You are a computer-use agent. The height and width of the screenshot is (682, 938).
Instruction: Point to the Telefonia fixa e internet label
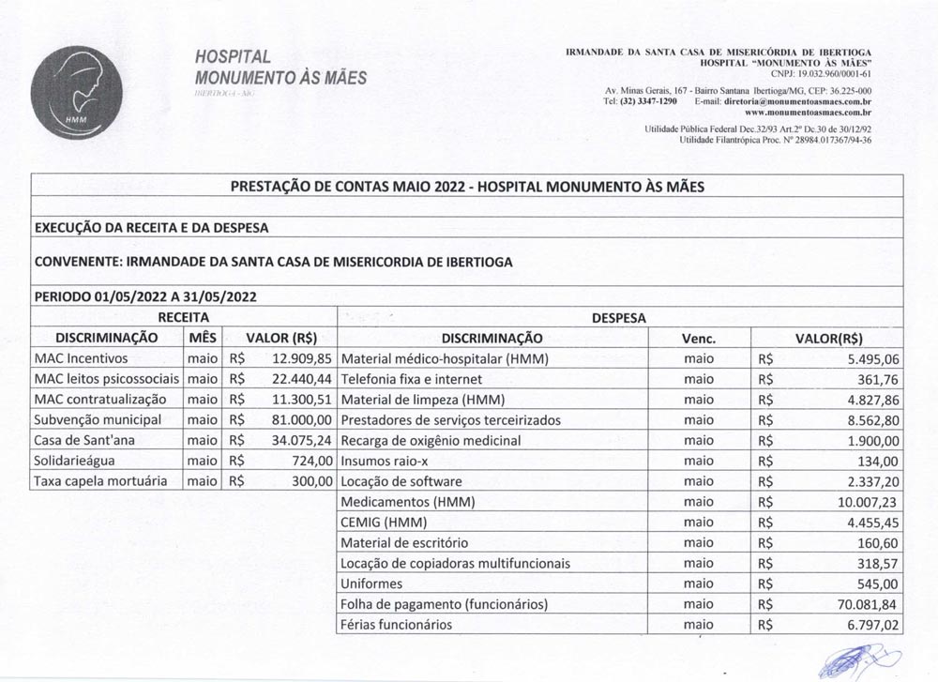tap(411, 379)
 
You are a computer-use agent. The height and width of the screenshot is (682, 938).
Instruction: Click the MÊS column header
tap(203, 338)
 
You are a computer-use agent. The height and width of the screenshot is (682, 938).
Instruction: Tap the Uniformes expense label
tap(371, 583)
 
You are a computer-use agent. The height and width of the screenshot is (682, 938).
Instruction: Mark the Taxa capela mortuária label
tap(100, 481)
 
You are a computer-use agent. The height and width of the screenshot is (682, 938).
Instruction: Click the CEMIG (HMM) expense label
tap(384, 522)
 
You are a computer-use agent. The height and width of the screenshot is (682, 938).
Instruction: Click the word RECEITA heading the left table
tap(183, 318)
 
